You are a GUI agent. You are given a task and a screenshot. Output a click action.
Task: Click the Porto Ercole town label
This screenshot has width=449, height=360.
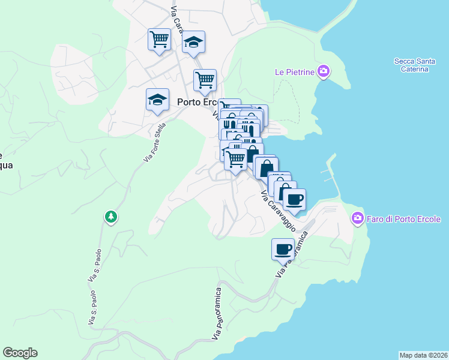point(198,102)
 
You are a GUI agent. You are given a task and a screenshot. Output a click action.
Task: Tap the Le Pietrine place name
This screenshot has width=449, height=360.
point(295,72)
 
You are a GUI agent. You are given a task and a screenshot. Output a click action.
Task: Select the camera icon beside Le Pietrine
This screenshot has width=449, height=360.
point(324,72)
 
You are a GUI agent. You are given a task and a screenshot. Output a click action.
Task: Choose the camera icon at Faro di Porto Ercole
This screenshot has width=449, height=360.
point(358,217)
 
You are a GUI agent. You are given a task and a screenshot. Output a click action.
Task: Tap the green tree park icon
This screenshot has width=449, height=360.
point(110,217)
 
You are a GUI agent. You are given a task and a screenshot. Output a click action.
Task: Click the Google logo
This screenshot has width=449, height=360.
point(20,353)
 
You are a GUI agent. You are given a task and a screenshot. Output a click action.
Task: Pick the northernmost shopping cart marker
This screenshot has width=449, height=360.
point(159,40)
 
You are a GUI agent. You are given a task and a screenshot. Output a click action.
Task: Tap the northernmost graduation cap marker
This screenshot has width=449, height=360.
point(193,42)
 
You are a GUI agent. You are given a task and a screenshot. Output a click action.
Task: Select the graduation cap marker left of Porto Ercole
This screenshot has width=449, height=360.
point(157,99)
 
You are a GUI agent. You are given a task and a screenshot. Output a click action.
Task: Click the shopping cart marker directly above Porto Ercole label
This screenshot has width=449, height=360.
point(205,80)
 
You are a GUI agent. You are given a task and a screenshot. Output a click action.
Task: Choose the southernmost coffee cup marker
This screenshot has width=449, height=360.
point(283,249)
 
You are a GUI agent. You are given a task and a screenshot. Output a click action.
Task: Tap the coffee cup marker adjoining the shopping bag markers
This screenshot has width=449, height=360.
point(294,199)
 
